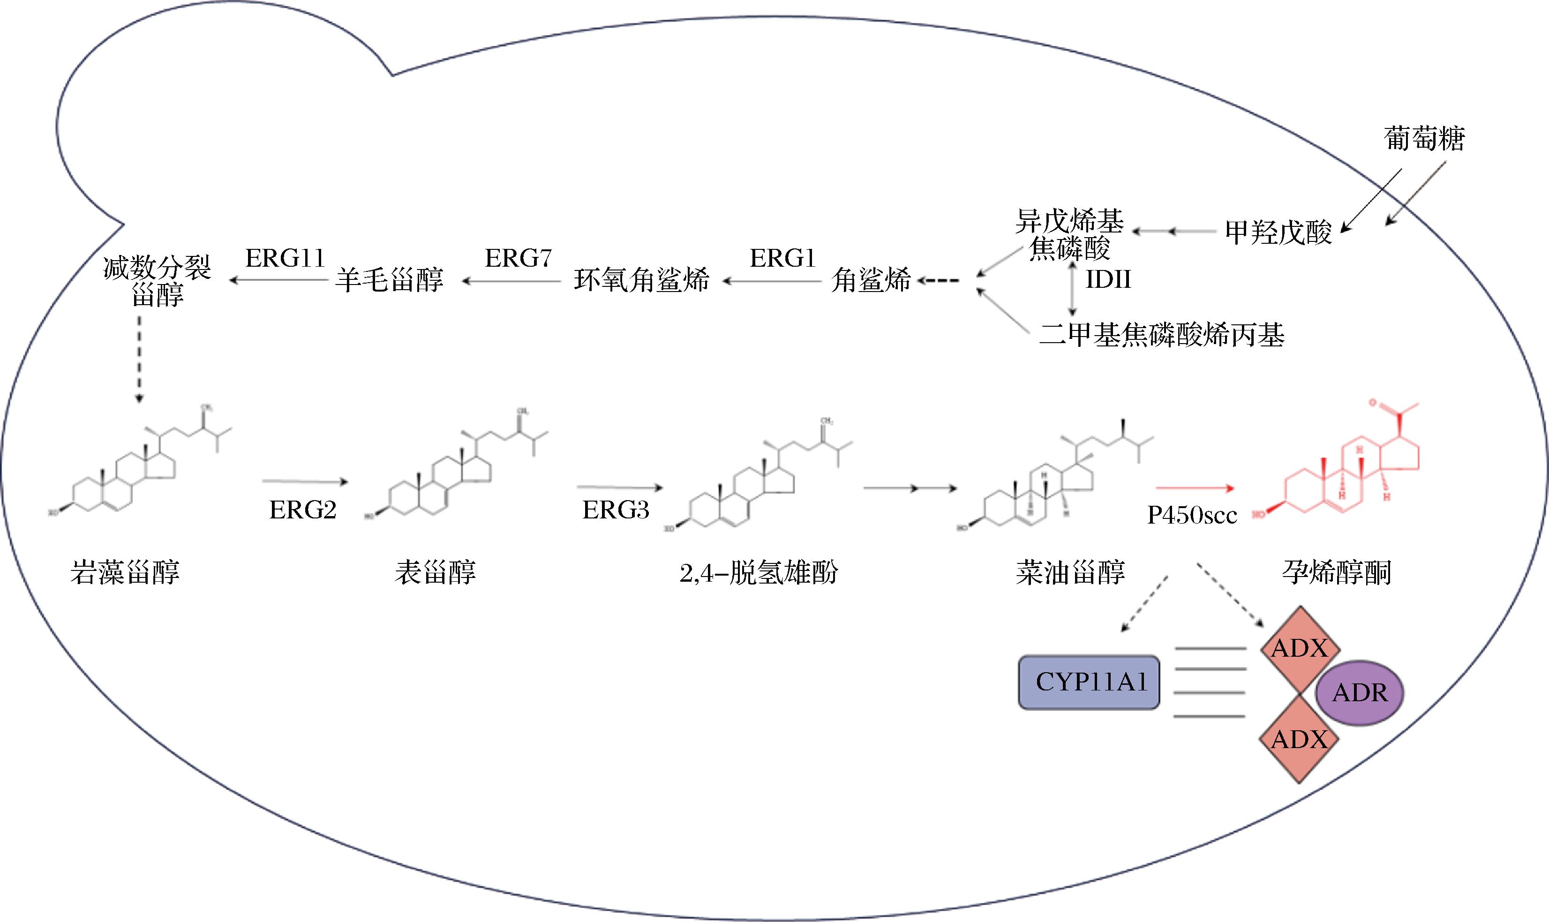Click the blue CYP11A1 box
pos(1089,682)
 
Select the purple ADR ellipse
pos(1360,692)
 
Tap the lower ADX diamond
pos(1299,739)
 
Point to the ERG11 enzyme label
pos(285,258)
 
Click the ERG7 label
pos(518,258)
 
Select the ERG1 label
pos(782,258)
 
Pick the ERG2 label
pos(302,510)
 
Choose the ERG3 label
pos(616,510)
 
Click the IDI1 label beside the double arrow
pos(1108,279)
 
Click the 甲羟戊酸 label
pos(1278,232)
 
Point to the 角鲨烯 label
pos(871,280)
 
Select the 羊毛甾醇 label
pos(390,280)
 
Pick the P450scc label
pos(1192,516)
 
